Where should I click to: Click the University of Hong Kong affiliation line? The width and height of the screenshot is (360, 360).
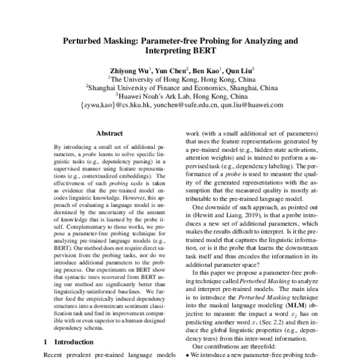[x=181, y=77]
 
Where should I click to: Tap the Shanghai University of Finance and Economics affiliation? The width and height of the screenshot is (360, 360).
[x=181, y=86]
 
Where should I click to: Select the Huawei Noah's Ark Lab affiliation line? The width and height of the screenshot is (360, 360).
[x=181, y=95]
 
